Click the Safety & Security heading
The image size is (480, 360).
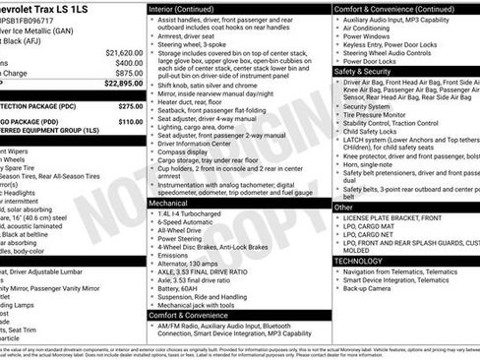[x=363, y=72]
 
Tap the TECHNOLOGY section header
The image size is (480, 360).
[x=361, y=261]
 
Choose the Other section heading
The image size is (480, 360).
[x=343, y=208]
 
